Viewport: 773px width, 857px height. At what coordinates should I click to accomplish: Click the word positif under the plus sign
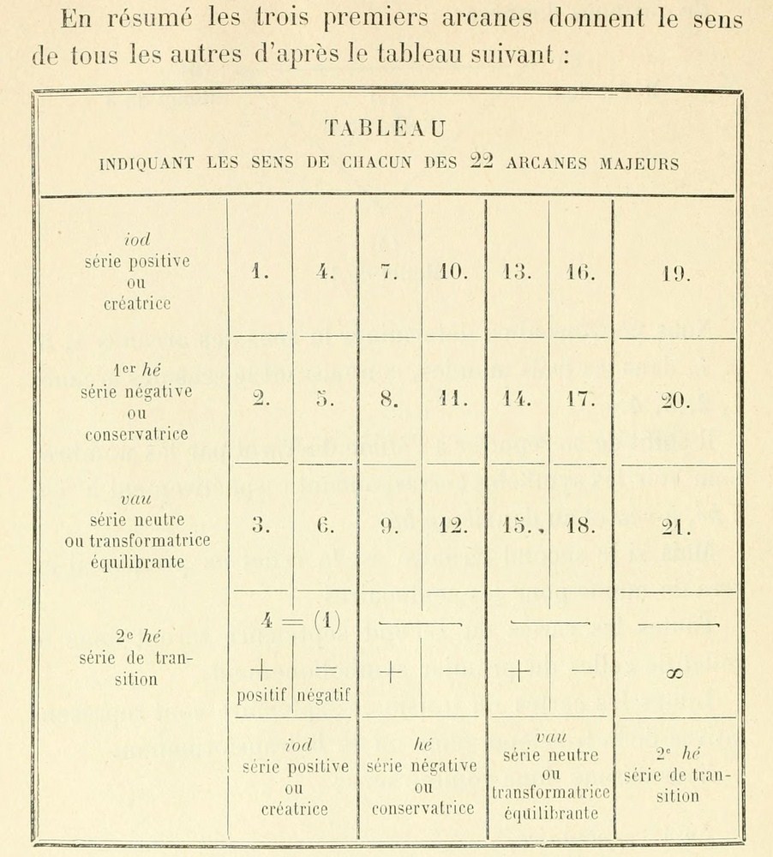point(260,697)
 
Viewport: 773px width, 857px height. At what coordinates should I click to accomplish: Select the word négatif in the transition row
point(326,697)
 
